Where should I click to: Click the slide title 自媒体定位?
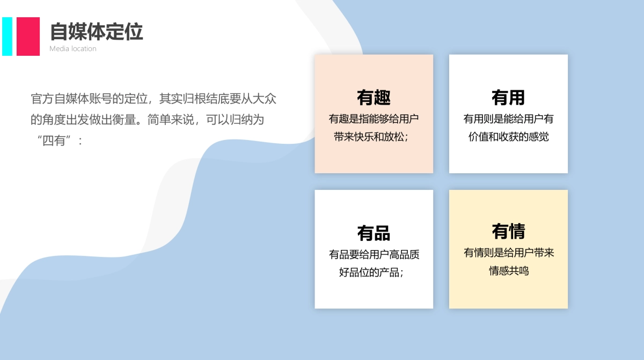coord(96,32)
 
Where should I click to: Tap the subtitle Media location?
coord(73,49)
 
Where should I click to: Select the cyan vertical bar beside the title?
coord(7,36)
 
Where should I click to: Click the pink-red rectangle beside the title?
coord(28,36)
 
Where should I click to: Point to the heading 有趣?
coord(374,98)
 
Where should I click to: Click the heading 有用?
coord(508,98)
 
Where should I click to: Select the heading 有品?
coord(374,233)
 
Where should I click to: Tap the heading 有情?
coord(508,232)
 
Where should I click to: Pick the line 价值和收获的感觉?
coord(508,137)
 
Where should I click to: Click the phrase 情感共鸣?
coord(508,271)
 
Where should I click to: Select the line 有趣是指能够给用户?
coord(374,119)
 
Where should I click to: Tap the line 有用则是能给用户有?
coord(508,119)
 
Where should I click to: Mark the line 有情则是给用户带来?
coord(508,253)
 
